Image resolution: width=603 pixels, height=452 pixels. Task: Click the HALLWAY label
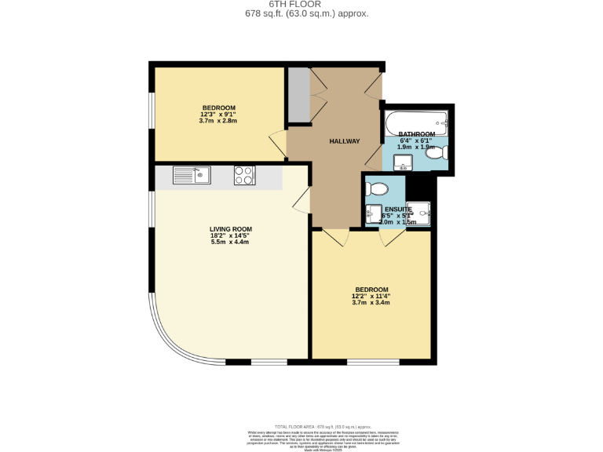pos(344,141)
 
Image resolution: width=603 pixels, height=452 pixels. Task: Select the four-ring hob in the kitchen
pos(244,176)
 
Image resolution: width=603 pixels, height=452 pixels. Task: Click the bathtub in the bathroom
pos(415,122)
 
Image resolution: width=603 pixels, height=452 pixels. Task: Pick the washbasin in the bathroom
pos(403,163)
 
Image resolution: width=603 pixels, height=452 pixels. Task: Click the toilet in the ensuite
pos(377,189)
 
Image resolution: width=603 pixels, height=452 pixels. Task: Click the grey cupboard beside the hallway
pos(298,95)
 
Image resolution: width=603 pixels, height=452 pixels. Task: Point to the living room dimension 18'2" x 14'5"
pos(230,235)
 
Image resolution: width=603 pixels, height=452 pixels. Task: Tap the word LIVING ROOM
pos(230,229)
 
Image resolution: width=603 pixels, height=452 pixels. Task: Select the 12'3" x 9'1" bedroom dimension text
pos(218,115)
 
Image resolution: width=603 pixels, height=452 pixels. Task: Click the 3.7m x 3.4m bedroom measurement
pos(371,302)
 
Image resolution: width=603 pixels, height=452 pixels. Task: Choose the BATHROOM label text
pos(416,134)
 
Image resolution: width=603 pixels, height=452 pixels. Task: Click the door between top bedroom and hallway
pos(277,143)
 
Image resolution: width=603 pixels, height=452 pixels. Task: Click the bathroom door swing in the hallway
pos(374,157)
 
